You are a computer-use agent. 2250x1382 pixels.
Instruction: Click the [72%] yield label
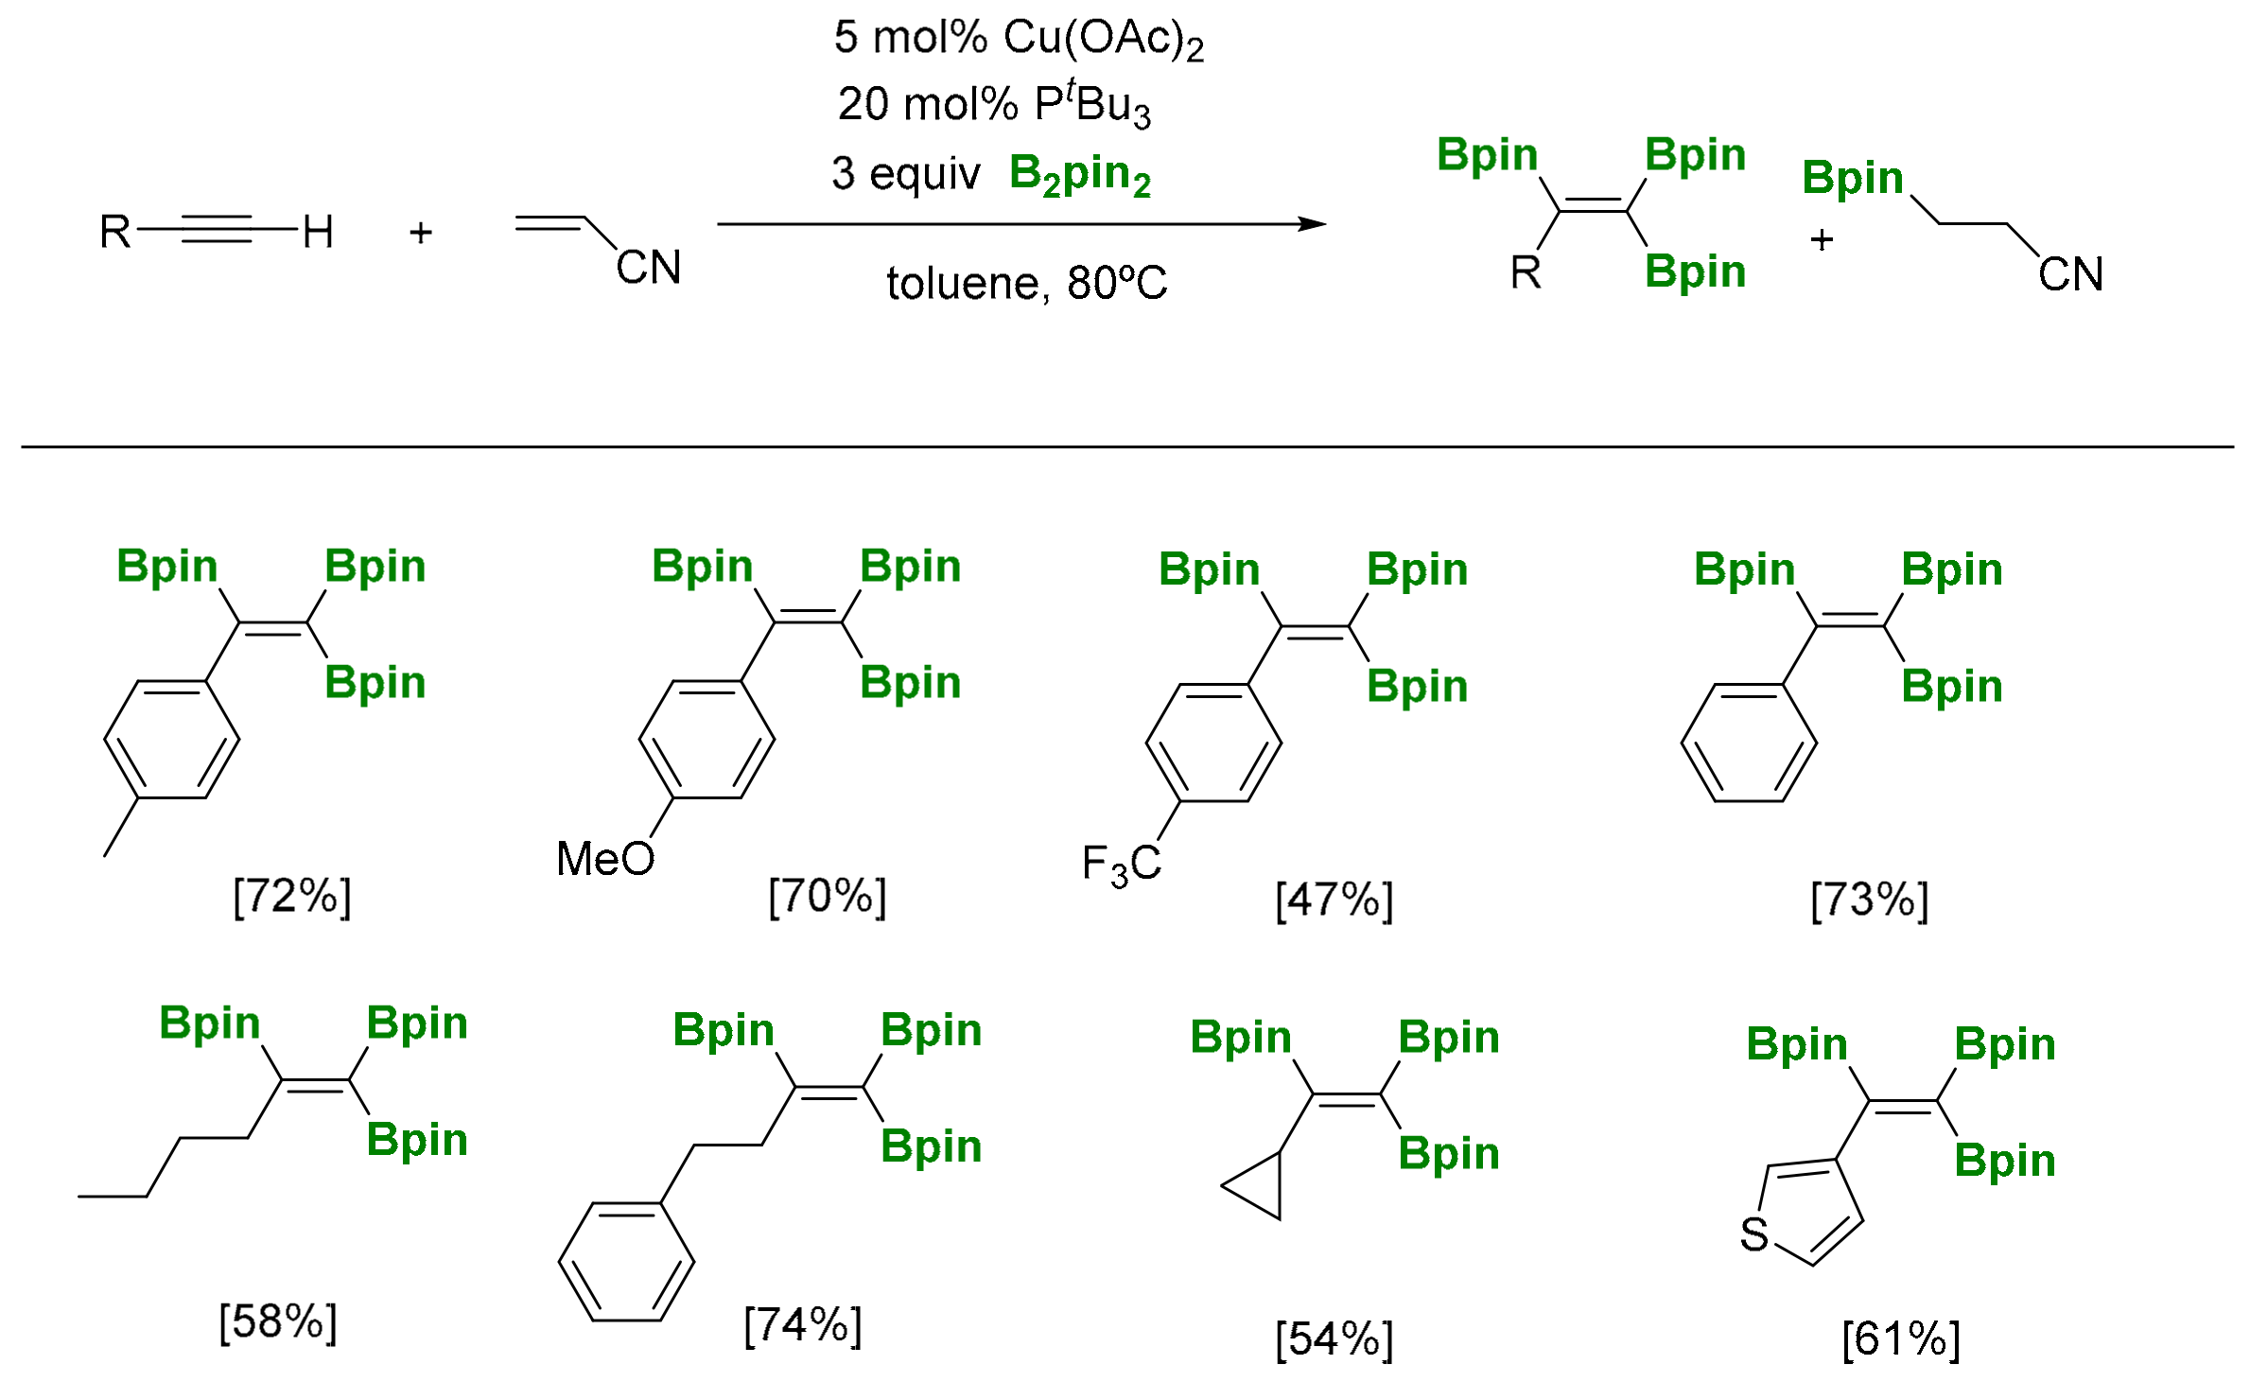(291, 895)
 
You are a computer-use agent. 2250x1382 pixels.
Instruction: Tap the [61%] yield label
(1900, 1338)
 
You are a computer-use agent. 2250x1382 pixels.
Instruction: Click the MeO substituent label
(605, 859)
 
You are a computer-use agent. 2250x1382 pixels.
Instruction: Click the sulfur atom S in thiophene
(1754, 1234)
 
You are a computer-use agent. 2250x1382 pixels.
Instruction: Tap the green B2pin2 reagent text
(1080, 175)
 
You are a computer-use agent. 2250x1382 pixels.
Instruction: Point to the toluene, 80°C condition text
(1026, 283)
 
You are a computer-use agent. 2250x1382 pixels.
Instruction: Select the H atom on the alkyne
(318, 232)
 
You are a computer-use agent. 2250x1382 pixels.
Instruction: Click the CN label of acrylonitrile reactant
(649, 268)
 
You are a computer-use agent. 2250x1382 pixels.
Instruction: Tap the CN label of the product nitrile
(2070, 274)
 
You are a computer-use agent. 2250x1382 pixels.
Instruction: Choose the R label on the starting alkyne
(115, 232)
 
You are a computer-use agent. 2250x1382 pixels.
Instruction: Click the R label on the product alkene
(1526, 273)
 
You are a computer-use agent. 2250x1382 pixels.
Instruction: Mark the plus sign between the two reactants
(421, 232)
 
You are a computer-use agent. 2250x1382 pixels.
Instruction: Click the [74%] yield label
(802, 1324)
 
